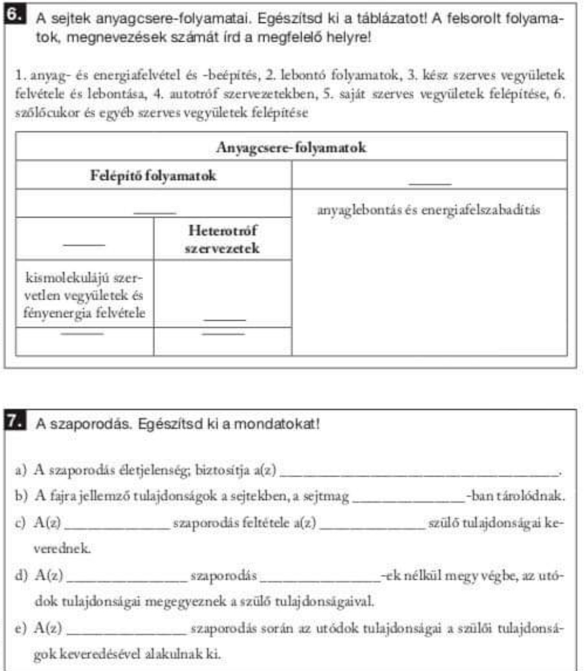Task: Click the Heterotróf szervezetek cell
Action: (x=223, y=239)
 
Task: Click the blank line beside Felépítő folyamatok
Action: (x=430, y=181)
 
